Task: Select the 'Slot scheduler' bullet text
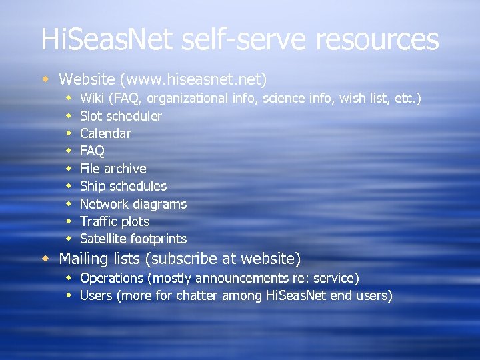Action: click(121, 116)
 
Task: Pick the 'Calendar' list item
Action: click(105, 133)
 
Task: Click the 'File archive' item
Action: click(113, 169)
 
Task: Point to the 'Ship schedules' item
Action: click(123, 186)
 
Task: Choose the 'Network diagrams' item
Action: click(133, 204)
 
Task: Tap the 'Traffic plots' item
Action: click(115, 221)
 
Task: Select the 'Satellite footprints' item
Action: click(133, 239)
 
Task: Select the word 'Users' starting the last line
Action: click(96, 295)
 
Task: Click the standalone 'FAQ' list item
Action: click(92, 151)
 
